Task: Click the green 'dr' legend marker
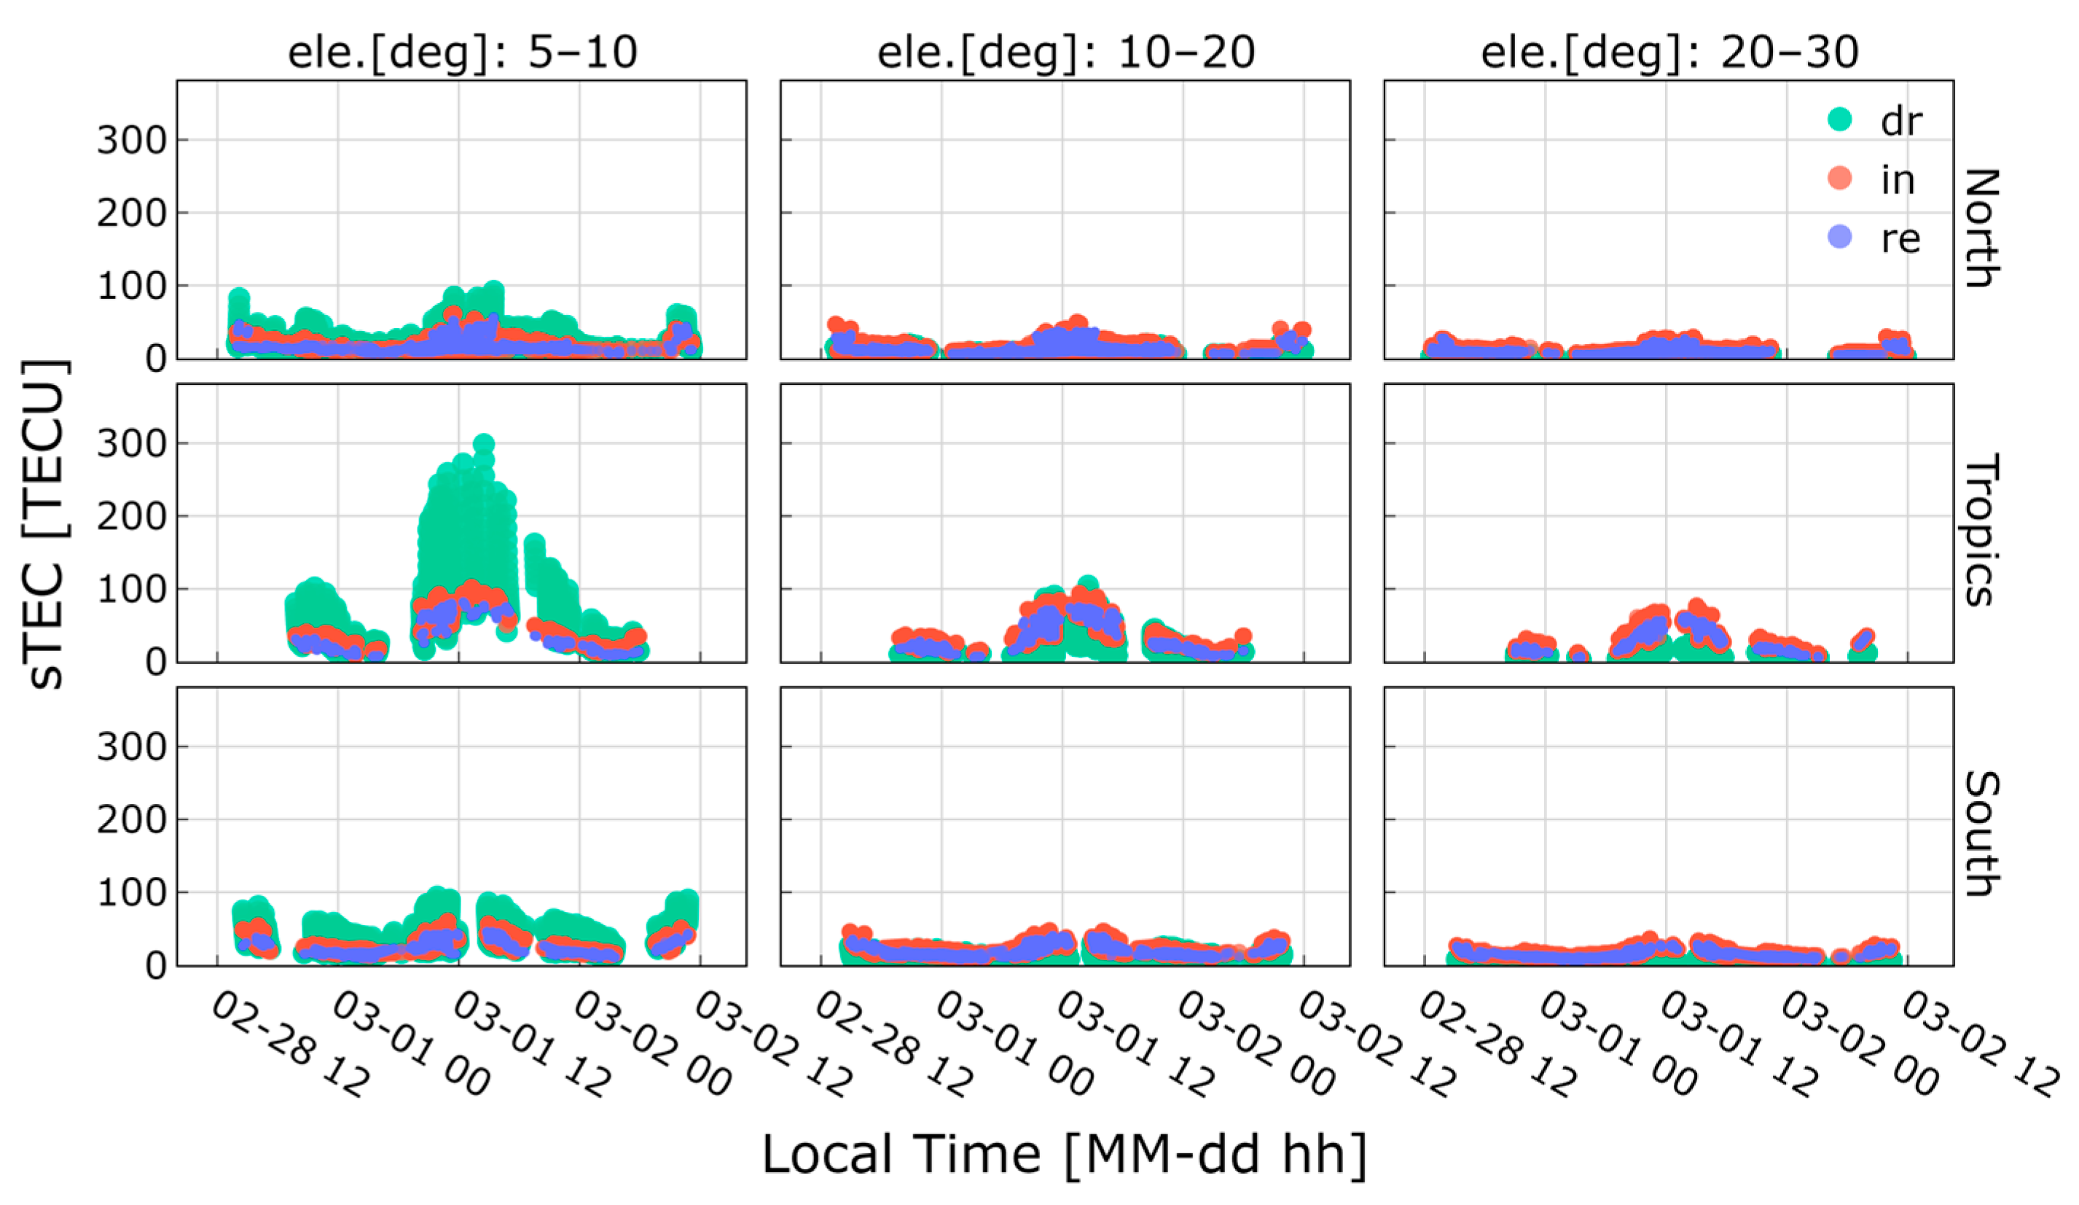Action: coord(1839,120)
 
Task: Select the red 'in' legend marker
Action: coord(1839,179)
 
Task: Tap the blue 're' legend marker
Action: coord(1839,238)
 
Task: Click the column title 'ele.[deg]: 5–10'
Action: coord(462,52)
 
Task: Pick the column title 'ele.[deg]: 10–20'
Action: coord(1065,52)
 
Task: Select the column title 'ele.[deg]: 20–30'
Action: coord(1669,52)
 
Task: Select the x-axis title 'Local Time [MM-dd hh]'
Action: coord(1064,1154)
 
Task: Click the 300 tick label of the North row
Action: coord(131,140)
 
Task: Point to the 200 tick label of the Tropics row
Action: coord(131,517)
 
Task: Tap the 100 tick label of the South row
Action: coord(131,893)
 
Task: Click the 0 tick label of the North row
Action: coord(155,359)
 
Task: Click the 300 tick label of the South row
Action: coord(131,747)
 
